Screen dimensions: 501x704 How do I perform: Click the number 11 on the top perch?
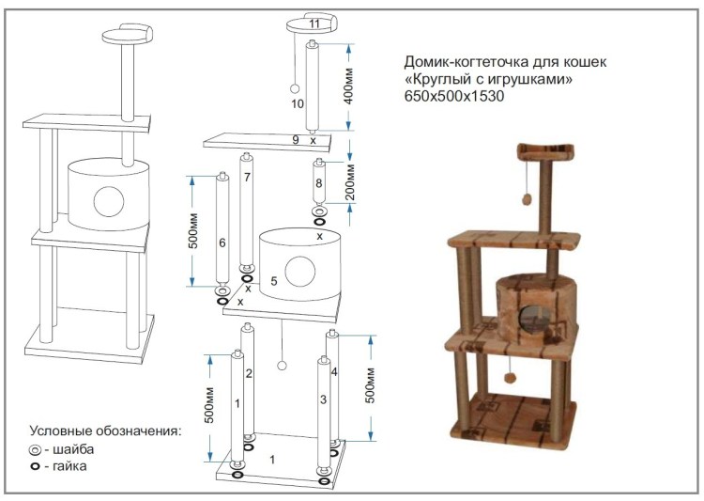point(314,22)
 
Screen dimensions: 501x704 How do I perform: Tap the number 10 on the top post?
point(298,103)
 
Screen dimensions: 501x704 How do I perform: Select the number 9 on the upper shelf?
point(296,140)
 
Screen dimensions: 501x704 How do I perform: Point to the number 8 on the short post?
point(319,182)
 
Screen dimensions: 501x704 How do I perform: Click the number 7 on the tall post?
point(247,177)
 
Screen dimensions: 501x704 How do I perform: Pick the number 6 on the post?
point(222,243)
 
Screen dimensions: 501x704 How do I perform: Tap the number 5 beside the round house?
point(274,280)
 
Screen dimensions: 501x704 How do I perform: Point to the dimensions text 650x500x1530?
point(449,97)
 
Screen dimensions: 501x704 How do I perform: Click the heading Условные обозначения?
point(105,431)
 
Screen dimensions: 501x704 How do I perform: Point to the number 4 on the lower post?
point(334,373)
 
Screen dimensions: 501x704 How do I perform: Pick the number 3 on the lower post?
point(323,400)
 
